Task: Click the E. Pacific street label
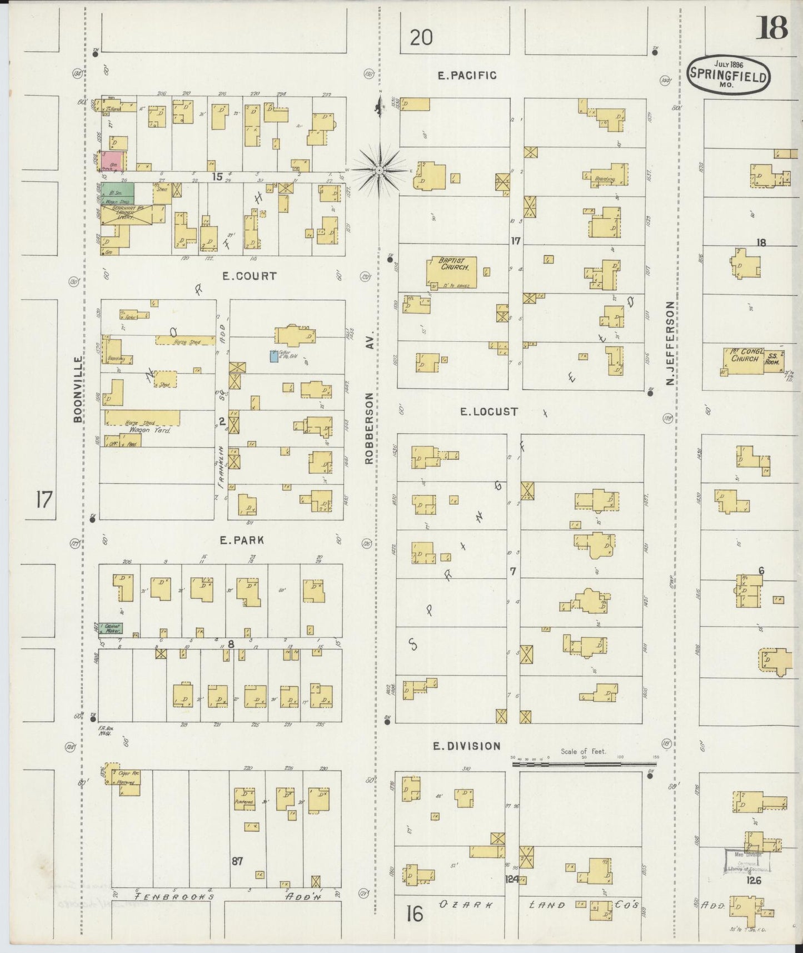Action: coord(466,76)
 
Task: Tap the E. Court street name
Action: coord(249,276)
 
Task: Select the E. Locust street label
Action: coord(488,411)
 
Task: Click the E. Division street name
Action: coord(467,746)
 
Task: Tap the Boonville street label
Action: coord(77,389)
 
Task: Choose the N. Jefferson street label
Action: coord(670,343)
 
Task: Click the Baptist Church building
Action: coord(452,271)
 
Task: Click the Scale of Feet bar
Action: coord(583,765)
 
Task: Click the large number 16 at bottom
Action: coord(415,913)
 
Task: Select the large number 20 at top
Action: coord(421,38)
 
